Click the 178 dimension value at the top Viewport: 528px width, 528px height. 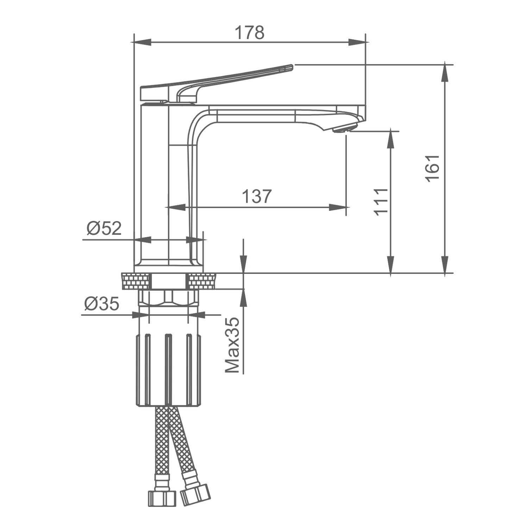249,33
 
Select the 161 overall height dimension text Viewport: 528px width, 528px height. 433,168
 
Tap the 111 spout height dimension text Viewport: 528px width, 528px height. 381,201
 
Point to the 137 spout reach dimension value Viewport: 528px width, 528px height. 257,196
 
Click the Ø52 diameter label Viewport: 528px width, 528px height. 104,228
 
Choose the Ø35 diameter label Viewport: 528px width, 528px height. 102,304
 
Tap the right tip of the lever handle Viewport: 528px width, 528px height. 291,66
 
